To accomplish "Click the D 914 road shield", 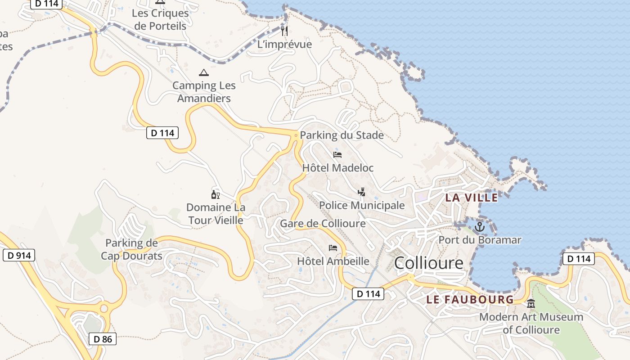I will pyautogui.click(x=19, y=256).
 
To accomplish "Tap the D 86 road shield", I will pyautogui.click(x=103, y=339).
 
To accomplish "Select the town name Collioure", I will pyautogui.click(x=428, y=263).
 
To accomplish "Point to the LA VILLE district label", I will pyautogui.click(x=471, y=197).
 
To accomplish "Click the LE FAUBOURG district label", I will pyautogui.click(x=470, y=299).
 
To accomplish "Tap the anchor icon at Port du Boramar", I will pyautogui.click(x=479, y=227).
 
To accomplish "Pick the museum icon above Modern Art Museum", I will pyautogui.click(x=531, y=304).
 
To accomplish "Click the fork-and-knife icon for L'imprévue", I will pyautogui.click(x=284, y=31).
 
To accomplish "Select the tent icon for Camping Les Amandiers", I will pyautogui.click(x=203, y=72).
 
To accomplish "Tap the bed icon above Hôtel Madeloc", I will pyautogui.click(x=337, y=155).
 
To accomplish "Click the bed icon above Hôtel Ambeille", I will pyautogui.click(x=333, y=248).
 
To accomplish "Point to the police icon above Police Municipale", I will pyautogui.click(x=361, y=192).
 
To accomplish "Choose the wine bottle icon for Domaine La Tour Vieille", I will pyautogui.click(x=216, y=195).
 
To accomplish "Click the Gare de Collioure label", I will pyautogui.click(x=323, y=224).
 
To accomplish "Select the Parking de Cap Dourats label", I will pyautogui.click(x=131, y=249).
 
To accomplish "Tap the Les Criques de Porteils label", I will pyautogui.click(x=160, y=19).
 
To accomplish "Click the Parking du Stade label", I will pyautogui.click(x=342, y=135).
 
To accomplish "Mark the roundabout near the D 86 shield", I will pyautogui.click(x=104, y=308).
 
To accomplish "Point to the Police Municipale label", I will pyautogui.click(x=362, y=206).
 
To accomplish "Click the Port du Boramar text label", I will pyautogui.click(x=480, y=240).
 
